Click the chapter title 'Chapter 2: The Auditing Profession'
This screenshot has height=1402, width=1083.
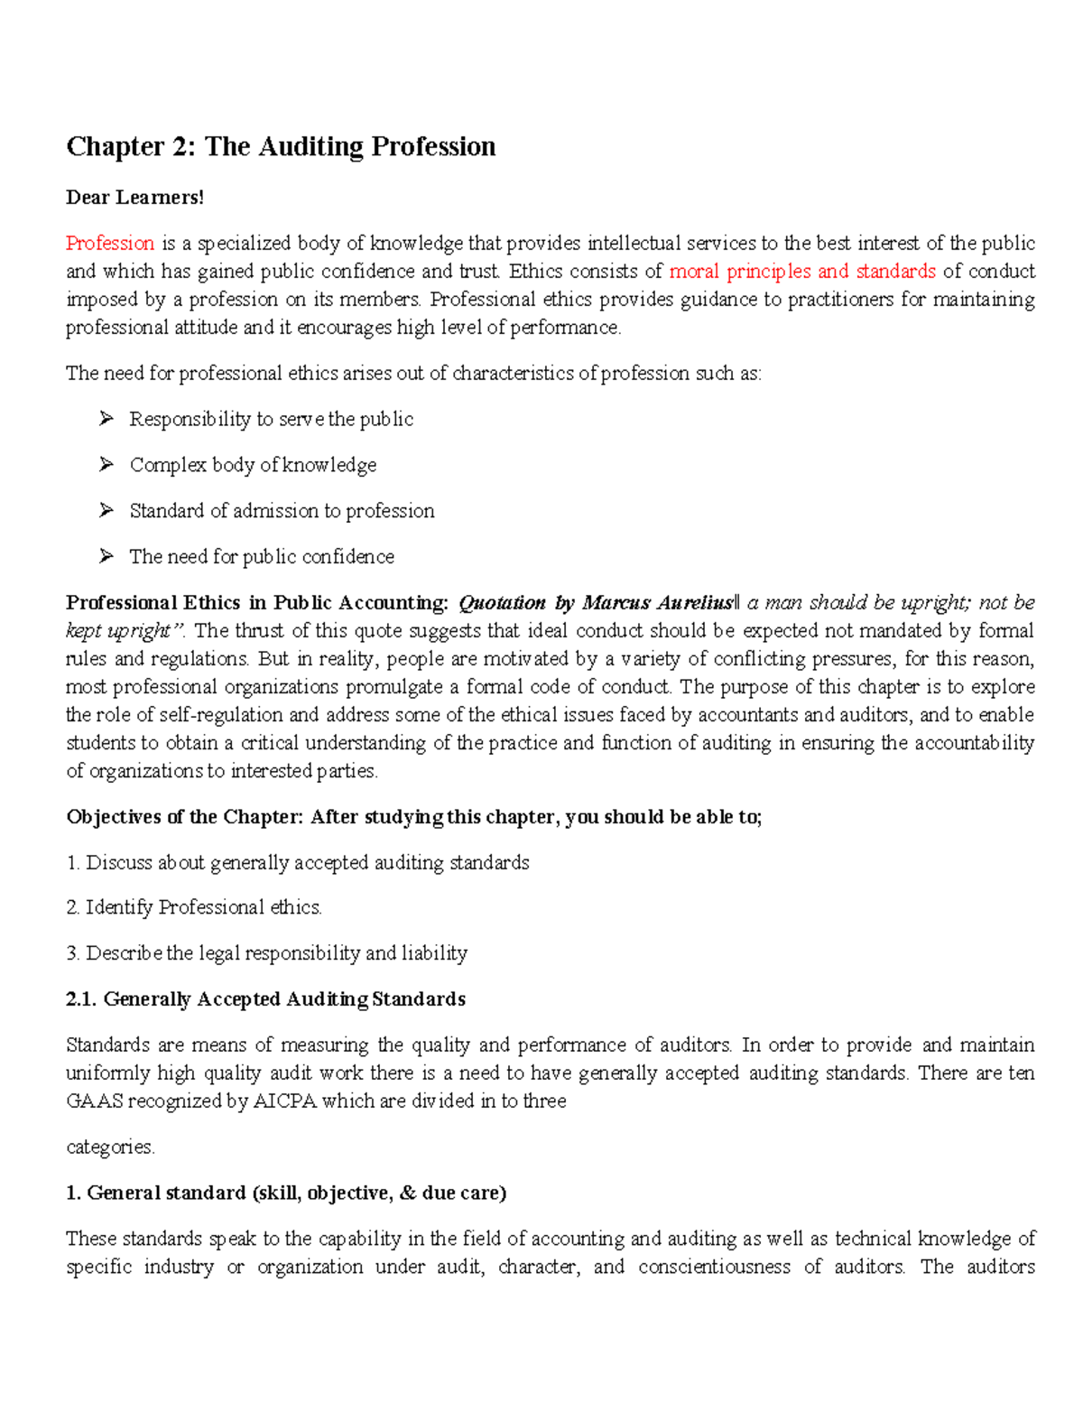click(281, 146)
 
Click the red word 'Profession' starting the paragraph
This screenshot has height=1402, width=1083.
click(110, 243)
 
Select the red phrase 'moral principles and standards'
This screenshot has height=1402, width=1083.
click(801, 271)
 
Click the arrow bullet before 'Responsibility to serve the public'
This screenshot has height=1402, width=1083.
click(106, 418)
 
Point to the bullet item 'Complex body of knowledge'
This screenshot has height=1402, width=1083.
click(253, 465)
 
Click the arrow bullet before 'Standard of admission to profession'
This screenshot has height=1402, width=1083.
click(106, 510)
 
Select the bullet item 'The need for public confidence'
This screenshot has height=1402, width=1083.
click(262, 556)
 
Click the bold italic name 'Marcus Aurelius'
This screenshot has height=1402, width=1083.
click(657, 602)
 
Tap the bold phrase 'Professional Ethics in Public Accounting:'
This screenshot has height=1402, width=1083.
click(257, 602)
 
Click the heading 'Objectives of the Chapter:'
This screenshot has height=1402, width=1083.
click(185, 817)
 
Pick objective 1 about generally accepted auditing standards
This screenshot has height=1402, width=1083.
click(298, 863)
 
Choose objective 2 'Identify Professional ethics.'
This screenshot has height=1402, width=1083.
click(194, 907)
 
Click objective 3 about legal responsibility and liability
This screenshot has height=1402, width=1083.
click(267, 953)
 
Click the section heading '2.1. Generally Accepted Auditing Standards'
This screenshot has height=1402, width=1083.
click(266, 999)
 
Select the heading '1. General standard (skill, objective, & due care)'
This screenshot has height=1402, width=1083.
click(286, 1193)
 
